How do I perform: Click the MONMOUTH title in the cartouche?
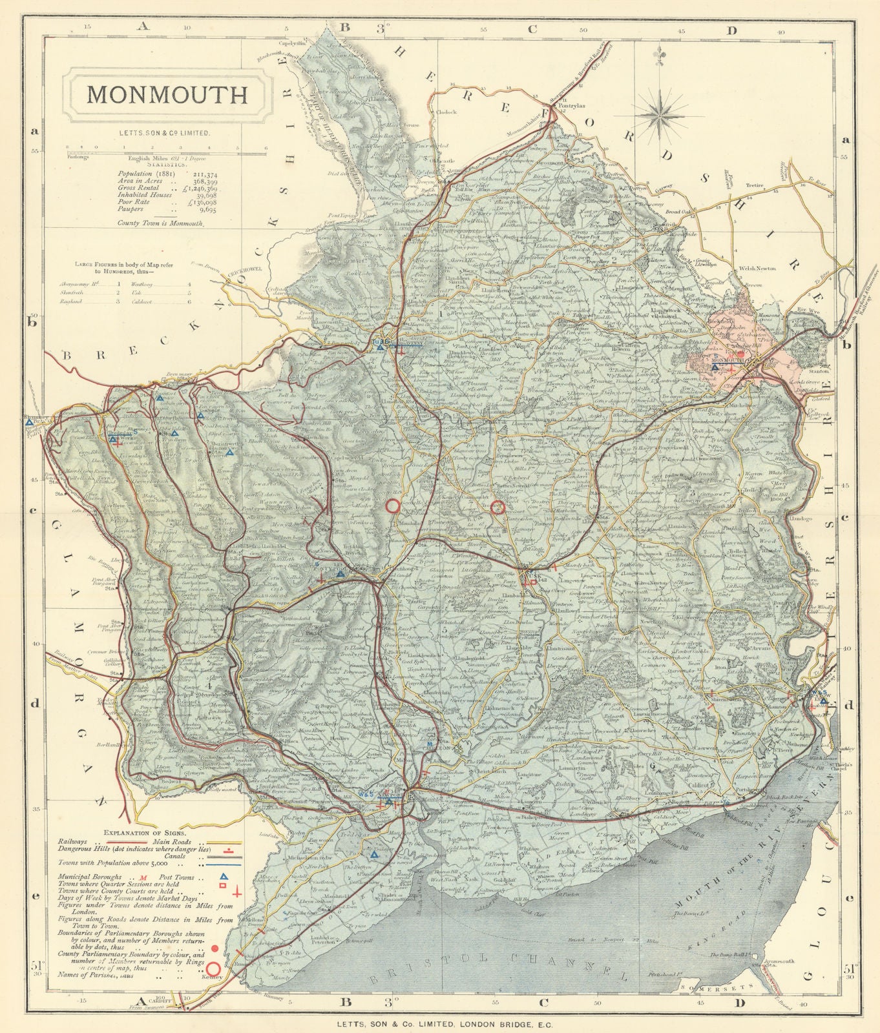point(167,94)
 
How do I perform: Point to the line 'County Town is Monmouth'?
point(160,223)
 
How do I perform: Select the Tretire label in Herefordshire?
point(754,185)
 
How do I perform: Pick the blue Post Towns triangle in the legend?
point(224,877)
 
